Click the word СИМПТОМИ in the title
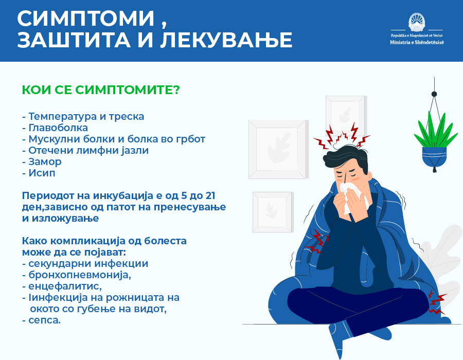(86, 19)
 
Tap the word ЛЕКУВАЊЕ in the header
(226, 40)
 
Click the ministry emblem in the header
(417, 22)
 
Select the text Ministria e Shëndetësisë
(417, 42)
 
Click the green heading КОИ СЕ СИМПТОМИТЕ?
(101, 89)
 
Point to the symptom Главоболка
(58, 128)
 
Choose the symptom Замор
(45, 161)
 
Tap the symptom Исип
(42, 173)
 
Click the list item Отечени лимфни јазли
(88, 151)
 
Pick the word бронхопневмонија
(80, 275)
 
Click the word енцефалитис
(65, 286)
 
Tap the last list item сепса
(44, 320)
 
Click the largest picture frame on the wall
(277, 150)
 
